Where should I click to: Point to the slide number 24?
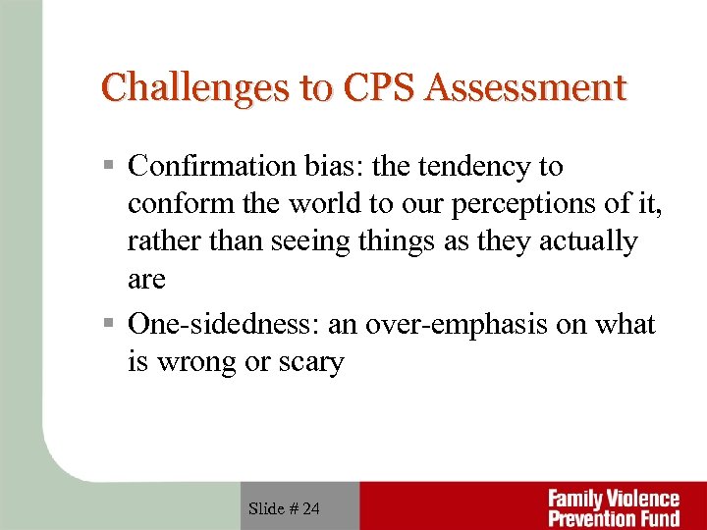pos(310,508)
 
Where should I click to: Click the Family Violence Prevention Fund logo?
pos(613,507)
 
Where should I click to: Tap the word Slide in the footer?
pos(266,508)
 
